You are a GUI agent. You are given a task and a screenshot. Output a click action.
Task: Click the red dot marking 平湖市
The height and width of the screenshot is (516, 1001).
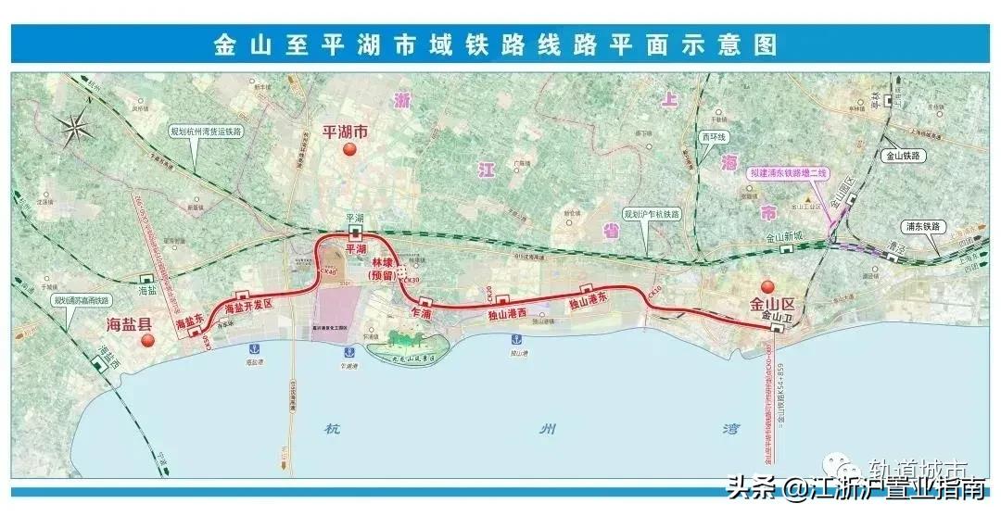click(x=349, y=151)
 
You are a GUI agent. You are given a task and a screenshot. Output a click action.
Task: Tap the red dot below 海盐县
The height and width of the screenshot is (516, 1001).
click(x=146, y=341)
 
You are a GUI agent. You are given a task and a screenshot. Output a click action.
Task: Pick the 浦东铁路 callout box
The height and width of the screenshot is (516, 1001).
click(x=920, y=226)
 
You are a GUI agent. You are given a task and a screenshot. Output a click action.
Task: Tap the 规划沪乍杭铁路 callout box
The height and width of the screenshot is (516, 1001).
click(x=653, y=214)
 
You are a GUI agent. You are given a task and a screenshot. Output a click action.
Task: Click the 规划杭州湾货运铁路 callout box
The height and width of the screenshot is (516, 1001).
click(x=205, y=132)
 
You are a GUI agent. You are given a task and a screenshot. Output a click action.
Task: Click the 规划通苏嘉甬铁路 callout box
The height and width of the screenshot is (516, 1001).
click(x=82, y=300)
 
